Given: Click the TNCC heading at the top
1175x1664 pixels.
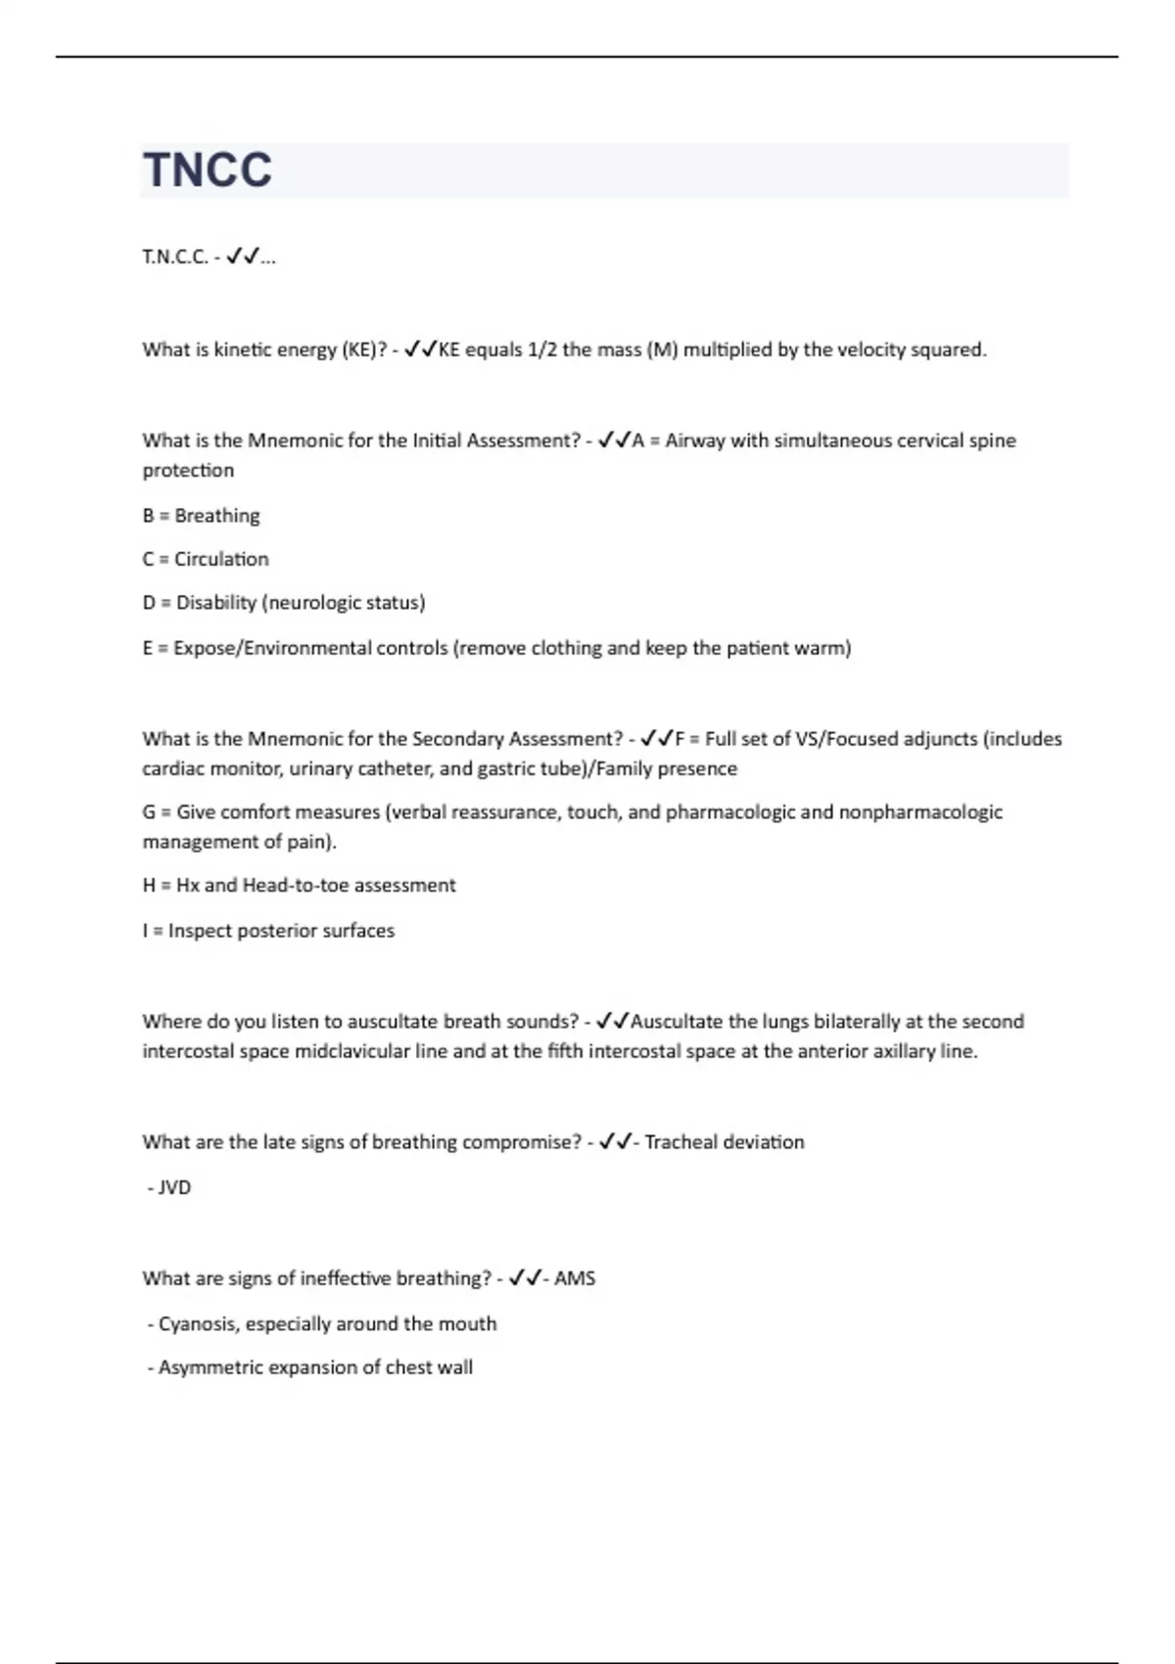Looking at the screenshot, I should [208, 170].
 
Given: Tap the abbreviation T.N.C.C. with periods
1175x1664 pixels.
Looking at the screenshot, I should [175, 257].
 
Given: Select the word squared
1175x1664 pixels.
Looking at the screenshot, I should [948, 349].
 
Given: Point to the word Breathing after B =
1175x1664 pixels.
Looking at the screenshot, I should [217, 516].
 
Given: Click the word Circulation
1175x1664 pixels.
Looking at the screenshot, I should [221, 559].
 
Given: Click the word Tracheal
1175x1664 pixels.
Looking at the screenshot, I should [681, 1142].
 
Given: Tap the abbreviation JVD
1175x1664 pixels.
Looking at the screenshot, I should [174, 1187].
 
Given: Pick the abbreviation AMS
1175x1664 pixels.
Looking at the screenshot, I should [575, 1278].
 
